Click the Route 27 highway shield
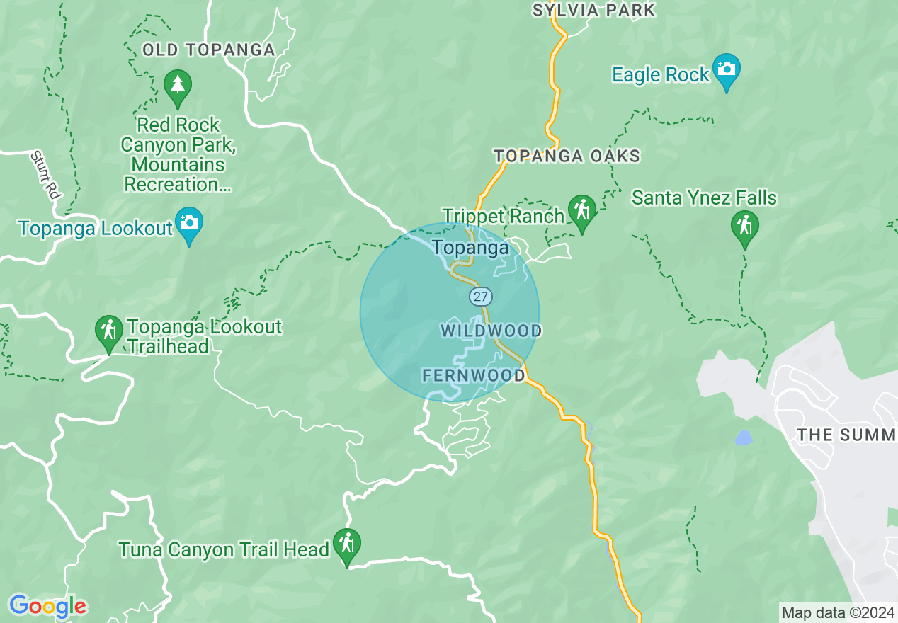pyautogui.click(x=480, y=296)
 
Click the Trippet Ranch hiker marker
pyautogui.click(x=582, y=211)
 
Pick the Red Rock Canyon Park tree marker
pyautogui.click(x=177, y=85)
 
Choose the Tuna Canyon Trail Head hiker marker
pyautogui.click(x=347, y=545)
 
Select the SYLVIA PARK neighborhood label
pyautogui.click(x=593, y=10)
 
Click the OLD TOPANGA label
pyautogui.click(x=208, y=50)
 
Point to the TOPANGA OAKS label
pyautogui.click(x=567, y=156)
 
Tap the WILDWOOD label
pyautogui.click(x=491, y=331)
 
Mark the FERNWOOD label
pyautogui.click(x=474, y=375)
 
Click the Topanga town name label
pyautogui.click(x=470, y=248)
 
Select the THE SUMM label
pyautogui.click(x=846, y=435)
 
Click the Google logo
pyautogui.click(x=47, y=606)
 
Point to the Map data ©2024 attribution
pyautogui.click(x=838, y=612)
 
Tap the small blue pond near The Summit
pyautogui.click(x=743, y=438)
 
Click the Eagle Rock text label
pyautogui.click(x=660, y=74)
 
